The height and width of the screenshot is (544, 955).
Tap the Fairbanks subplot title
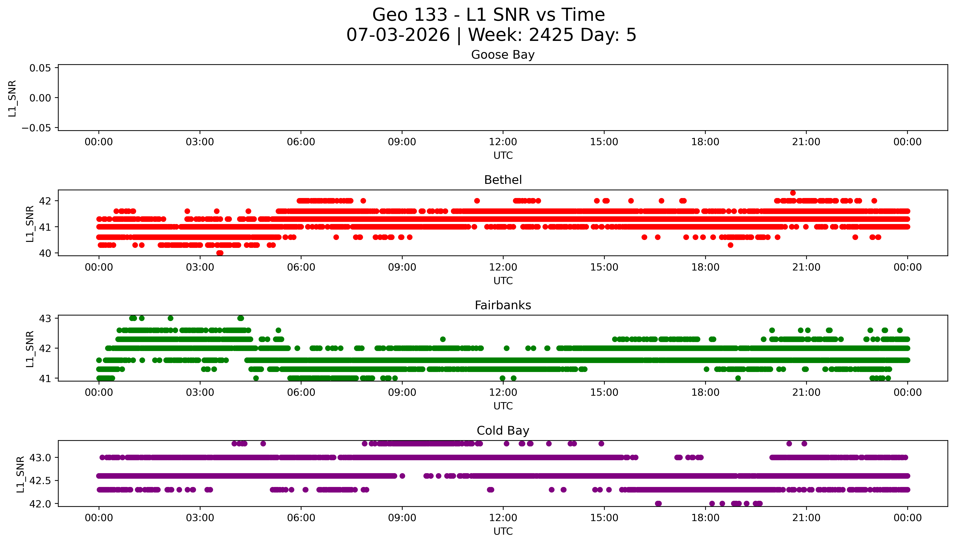(503, 305)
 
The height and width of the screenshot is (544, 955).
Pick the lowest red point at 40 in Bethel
(220, 253)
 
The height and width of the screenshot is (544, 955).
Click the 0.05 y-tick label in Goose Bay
(40, 68)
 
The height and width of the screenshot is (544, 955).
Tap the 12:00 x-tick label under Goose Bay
(503, 142)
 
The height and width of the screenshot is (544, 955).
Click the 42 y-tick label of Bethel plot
(45, 201)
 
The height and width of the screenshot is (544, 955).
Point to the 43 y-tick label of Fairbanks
(45, 318)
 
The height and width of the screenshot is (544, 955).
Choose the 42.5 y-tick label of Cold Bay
(40, 481)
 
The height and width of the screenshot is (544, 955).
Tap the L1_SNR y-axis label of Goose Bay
(12, 98)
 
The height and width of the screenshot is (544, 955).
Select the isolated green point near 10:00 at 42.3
(443, 339)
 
